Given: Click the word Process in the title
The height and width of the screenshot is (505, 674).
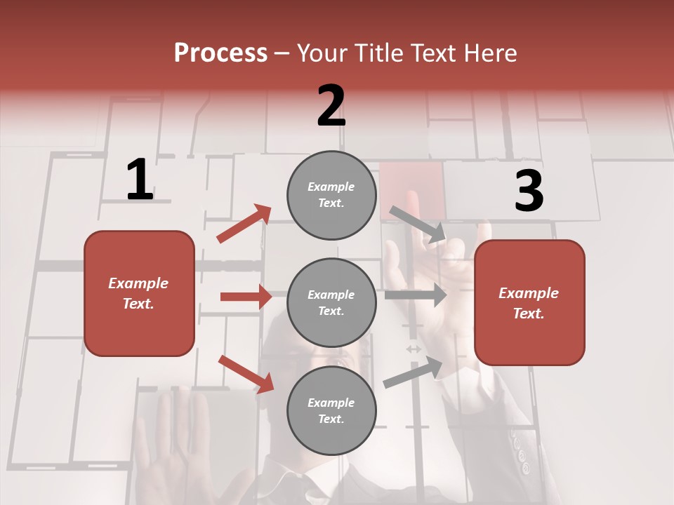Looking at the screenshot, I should pos(220,53).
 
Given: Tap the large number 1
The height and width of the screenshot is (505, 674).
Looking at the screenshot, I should pos(140,180).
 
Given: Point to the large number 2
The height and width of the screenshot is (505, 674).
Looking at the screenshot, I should pos(331,106).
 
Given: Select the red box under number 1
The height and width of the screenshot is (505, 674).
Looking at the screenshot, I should pos(139,293).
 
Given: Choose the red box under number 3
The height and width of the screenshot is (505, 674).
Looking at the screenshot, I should pos(529,303).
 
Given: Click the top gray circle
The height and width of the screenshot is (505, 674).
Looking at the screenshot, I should pos(331,195).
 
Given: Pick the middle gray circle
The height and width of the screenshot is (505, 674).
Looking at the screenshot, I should pos(331,303).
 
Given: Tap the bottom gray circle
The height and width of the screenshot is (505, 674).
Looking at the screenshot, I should pos(331,411).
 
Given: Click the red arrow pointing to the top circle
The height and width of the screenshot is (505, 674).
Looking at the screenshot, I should pos(244,224).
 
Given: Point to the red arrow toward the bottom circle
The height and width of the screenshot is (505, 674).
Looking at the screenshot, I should pos(246,374).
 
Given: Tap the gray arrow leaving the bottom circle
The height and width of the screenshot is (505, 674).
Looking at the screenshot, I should pos(414,372).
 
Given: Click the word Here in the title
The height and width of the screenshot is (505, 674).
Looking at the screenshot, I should pos(489,53).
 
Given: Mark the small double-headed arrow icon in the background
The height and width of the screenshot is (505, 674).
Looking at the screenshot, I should pos(414,349).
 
